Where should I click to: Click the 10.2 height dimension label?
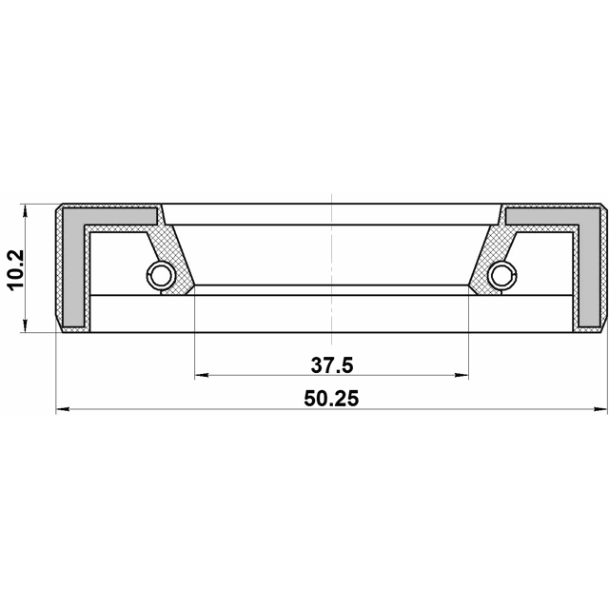click(x=16, y=269)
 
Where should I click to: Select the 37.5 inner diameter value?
click(x=332, y=365)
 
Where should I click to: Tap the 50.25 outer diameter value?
click(x=331, y=399)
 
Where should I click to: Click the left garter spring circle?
click(x=161, y=276)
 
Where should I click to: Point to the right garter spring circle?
click(x=502, y=276)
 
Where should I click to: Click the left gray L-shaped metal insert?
click(x=73, y=267)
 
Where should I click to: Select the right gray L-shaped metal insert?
click(x=590, y=267)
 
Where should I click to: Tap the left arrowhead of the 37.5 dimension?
click(x=202, y=375)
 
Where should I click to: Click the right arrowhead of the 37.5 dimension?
click(x=462, y=375)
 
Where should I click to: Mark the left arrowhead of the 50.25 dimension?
click(x=63, y=409)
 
